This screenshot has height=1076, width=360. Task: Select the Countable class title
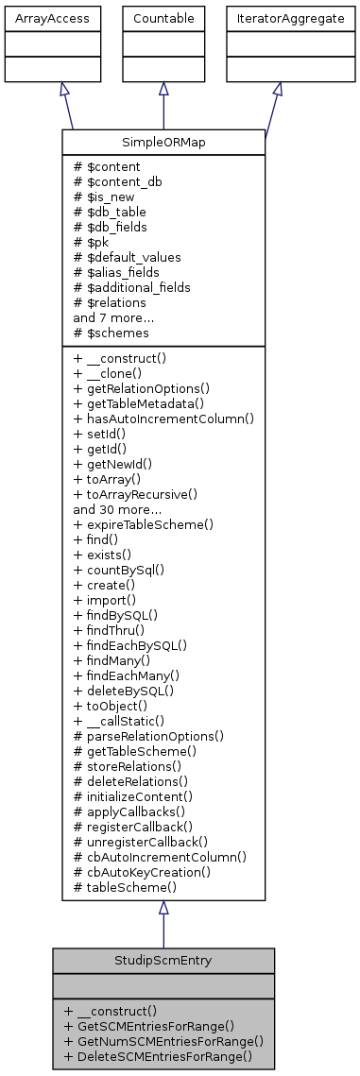163,17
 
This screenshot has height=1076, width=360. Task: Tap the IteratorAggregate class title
278,17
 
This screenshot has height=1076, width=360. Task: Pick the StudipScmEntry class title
163,960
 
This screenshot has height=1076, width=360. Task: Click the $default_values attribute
127,256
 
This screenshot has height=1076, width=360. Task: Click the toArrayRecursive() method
135,492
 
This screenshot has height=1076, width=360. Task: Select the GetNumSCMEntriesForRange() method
163,1039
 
